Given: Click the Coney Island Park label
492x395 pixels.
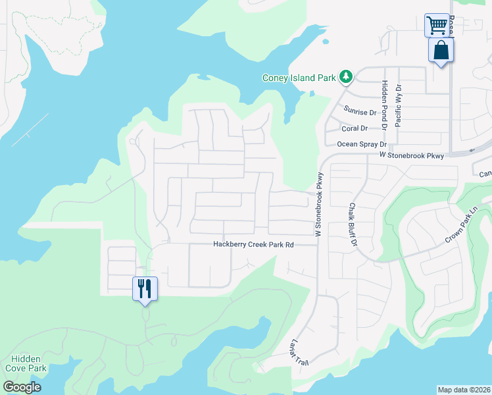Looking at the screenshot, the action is coord(299,78).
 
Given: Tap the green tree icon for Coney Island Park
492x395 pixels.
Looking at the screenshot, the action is coord(346,77).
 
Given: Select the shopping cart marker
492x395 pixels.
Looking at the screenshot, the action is coord(436,26).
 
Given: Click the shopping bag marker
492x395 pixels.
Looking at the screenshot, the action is coord(441,51).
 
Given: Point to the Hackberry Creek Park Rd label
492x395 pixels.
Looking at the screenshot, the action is coord(253,244).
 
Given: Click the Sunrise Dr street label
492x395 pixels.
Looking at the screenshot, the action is coord(360,112).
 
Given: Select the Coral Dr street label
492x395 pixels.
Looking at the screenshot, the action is coord(355,128).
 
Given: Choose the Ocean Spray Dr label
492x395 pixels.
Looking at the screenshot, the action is coord(361,144).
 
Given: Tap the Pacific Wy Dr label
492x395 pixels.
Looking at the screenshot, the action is coord(398,105).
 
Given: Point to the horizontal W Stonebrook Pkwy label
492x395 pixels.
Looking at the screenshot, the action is coord(412,155).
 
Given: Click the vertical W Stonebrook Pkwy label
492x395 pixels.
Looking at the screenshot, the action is coord(319,205).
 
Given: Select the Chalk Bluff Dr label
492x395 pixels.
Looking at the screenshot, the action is coord(353,224).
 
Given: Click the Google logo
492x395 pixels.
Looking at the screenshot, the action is coord(22,387).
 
